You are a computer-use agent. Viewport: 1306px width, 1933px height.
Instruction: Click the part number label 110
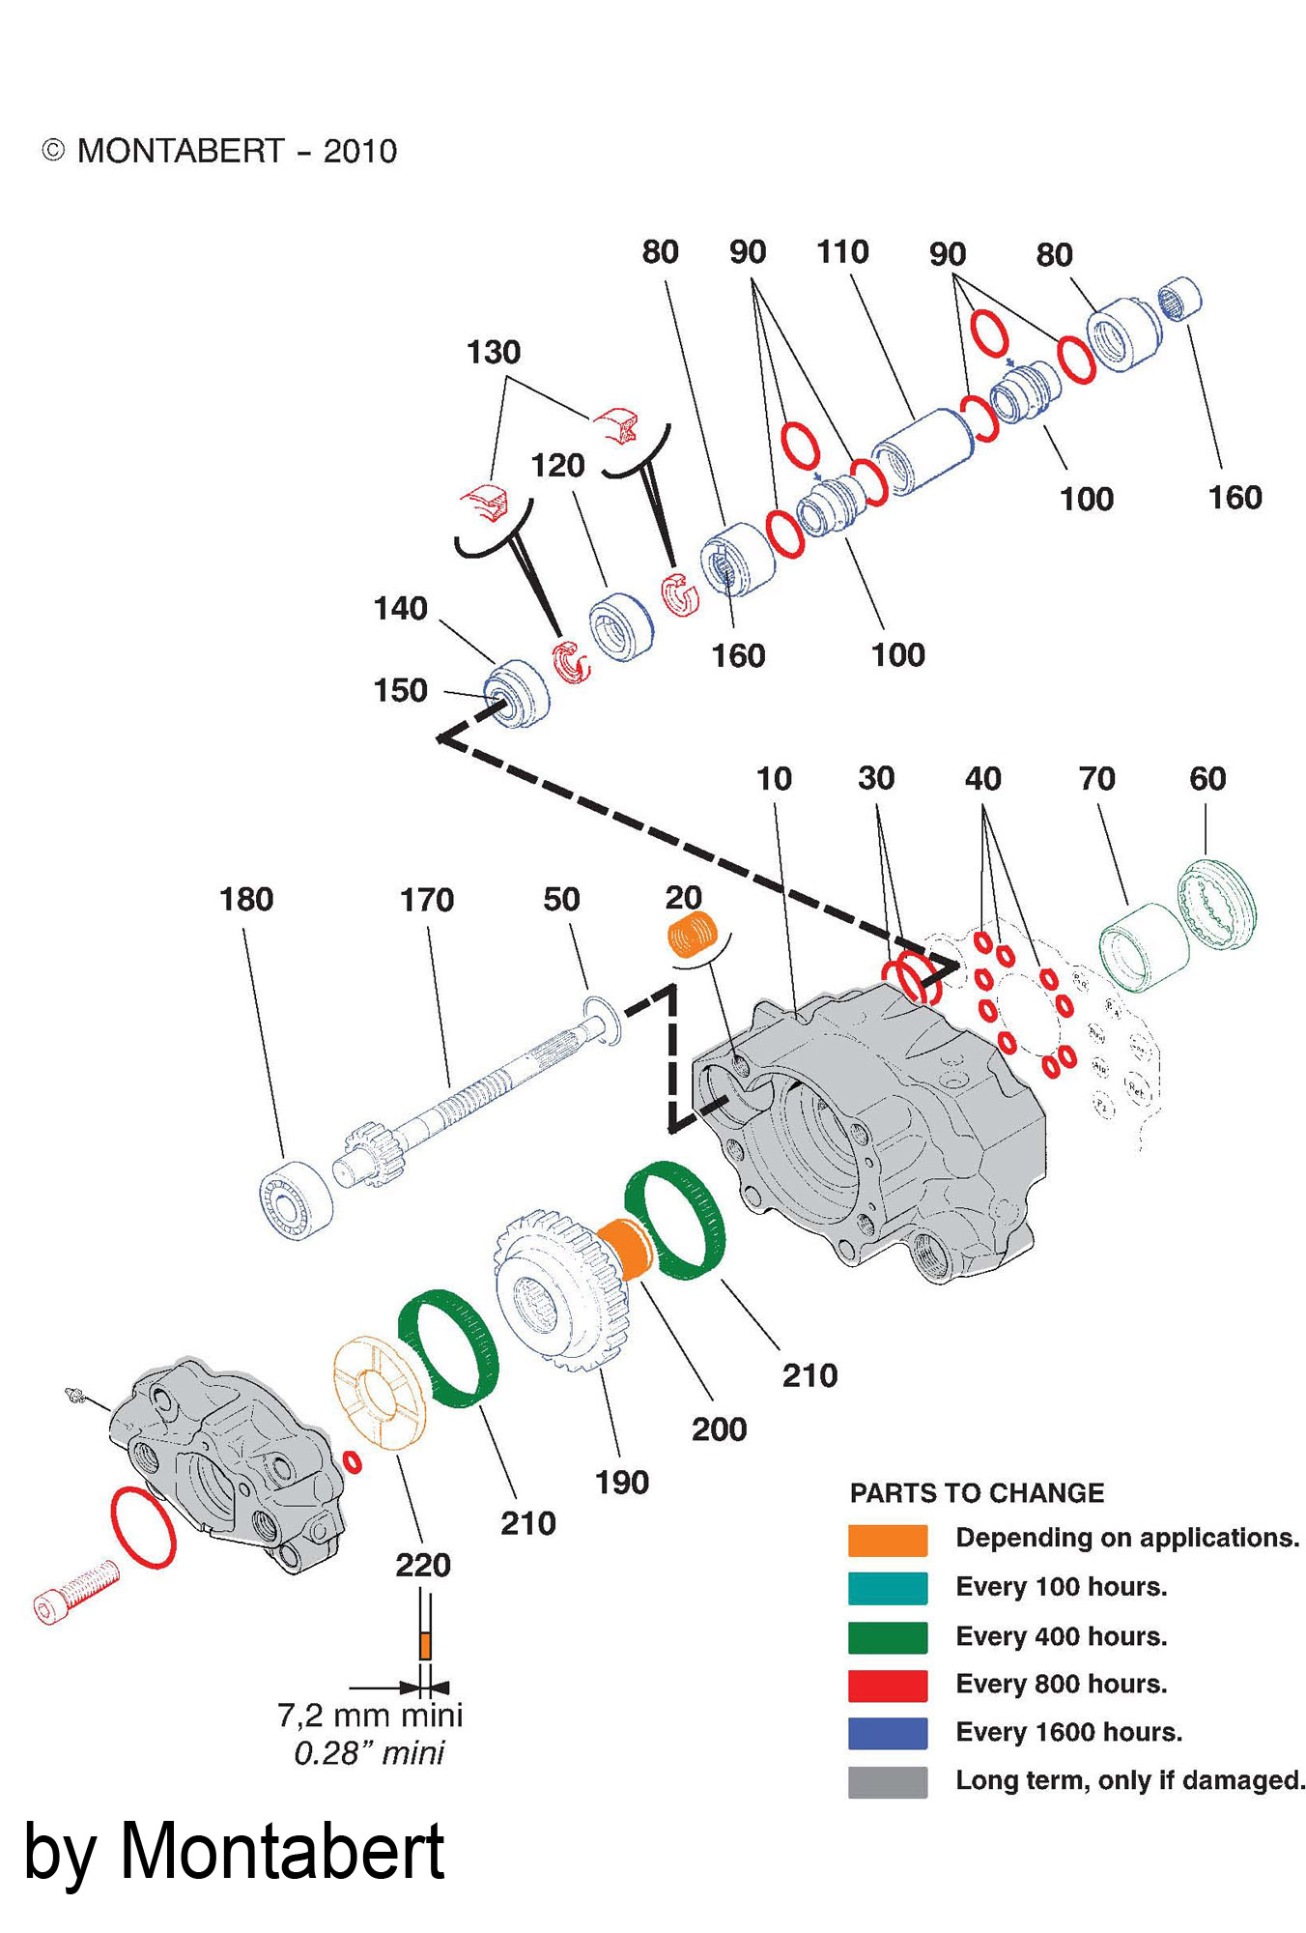842,252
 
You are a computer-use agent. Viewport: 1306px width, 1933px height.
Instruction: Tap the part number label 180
246,900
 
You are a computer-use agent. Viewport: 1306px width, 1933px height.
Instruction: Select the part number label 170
426,901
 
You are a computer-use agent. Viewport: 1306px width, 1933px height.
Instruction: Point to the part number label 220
422,1565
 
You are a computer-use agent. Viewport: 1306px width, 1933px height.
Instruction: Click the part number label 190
621,1482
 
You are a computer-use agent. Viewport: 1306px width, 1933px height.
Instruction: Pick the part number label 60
1207,779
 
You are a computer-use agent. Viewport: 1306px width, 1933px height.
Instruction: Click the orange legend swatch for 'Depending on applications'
887,1540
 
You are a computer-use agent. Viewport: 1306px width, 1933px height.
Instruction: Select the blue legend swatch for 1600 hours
887,1733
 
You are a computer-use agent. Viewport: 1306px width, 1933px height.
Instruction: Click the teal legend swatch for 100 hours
887,1588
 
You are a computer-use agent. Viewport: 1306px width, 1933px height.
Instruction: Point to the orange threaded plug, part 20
692,936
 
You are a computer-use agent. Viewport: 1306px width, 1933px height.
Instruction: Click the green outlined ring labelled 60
1217,905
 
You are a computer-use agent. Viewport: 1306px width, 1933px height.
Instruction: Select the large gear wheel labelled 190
560,1291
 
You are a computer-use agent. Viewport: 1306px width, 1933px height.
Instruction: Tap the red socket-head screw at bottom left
75,1593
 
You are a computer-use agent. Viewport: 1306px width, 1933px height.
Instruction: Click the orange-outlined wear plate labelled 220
379,1393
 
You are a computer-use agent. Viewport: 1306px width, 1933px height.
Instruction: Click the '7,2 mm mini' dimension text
370,1716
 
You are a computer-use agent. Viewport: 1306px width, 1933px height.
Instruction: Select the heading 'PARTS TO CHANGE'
976,1493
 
